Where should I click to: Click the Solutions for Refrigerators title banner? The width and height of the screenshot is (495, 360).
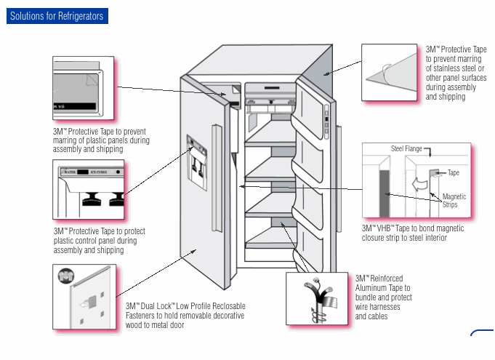(x=57, y=16)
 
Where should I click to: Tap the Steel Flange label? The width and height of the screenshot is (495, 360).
(x=406, y=149)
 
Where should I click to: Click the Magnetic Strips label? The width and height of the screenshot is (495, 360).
(x=454, y=201)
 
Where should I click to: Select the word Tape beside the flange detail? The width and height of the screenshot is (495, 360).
(x=454, y=173)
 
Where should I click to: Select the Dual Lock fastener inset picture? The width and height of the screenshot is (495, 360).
(x=81, y=297)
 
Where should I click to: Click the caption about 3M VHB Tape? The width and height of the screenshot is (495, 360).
(x=413, y=233)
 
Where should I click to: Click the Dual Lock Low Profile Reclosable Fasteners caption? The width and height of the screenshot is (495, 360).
(x=185, y=315)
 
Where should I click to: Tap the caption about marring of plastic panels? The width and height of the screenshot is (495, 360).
(x=100, y=140)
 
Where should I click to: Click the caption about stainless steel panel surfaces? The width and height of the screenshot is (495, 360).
(x=456, y=73)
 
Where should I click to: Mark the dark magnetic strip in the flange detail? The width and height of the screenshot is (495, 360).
(x=384, y=193)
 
